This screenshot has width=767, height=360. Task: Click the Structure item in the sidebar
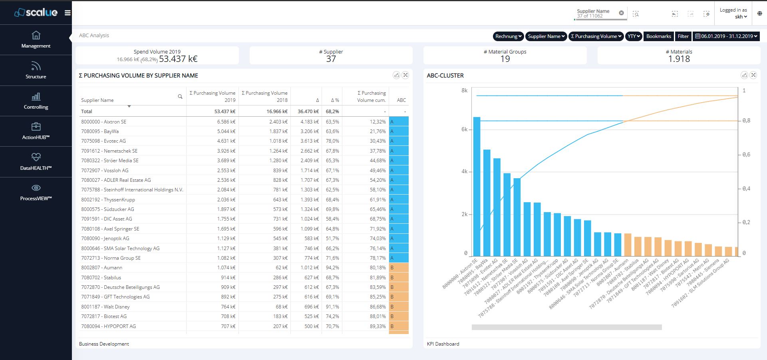pos(36,70)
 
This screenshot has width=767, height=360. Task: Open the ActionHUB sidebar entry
pos(36,131)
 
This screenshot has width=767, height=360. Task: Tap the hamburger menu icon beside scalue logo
pos(68,13)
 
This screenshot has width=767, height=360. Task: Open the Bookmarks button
pos(658,36)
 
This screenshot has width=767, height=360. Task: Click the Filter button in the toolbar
pos(683,36)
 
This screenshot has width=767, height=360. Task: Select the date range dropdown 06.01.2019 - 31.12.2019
pos(726,36)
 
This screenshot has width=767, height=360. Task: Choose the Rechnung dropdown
pos(508,36)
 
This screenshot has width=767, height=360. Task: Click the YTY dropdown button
pos(634,36)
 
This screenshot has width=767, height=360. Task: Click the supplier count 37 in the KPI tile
pos(331,59)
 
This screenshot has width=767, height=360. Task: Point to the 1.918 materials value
pos(679,59)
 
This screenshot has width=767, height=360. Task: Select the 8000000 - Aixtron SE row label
pos(103,122)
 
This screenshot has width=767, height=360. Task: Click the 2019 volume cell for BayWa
pos(226,131)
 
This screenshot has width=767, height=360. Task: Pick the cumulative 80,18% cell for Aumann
pos(378,268)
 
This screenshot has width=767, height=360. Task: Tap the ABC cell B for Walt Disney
pos(398,307)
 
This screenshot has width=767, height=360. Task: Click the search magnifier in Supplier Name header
pos(180,97)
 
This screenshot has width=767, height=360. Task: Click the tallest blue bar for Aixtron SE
pos(477,188)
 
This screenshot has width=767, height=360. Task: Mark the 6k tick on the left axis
pos(464,129)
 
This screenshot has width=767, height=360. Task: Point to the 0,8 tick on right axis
pos(746,121)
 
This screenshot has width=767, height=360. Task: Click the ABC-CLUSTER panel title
pos(445,76)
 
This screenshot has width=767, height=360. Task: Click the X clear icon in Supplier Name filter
pos(621,13)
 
